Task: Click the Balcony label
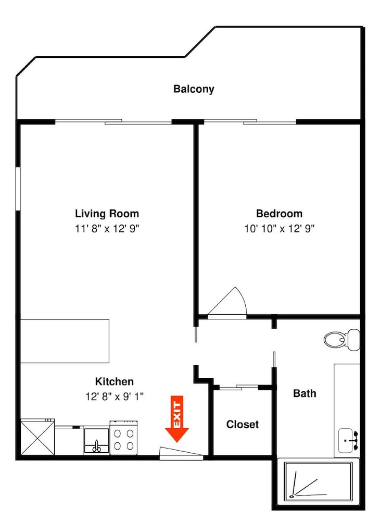[x=194, y=89]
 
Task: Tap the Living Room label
[x=107, y=213]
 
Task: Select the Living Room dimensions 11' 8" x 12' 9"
[x=107, y=229]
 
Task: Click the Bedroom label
[x=279, y=213]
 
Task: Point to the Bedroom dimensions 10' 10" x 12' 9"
[x=280, y=229]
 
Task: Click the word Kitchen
[x=115, y=381]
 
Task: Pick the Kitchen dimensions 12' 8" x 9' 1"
[x=115, y=396]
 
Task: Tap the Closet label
[x=242, y=424]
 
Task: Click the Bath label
[x=305, y=393]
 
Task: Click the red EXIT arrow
[x=177, y=419]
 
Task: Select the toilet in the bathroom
[x=342, y=339]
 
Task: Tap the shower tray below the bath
[x=318, y=482]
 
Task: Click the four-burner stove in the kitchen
[x=124, y=438]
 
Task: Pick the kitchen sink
[x=97, y=441]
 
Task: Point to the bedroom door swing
[x=227, y=302]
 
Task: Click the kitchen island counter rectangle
[x=65, y=341]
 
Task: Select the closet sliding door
[x=239, y=387]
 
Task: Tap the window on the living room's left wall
[x=18, y=189]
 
